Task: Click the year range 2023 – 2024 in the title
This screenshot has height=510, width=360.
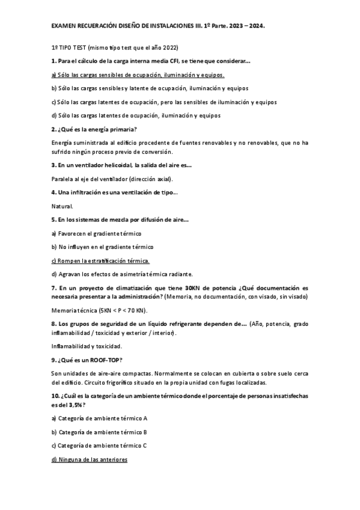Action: [248, 26]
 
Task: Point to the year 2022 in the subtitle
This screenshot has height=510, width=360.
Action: [169, 48]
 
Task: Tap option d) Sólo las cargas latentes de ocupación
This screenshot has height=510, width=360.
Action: [136, 115]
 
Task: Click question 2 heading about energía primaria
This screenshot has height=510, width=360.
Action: [94, 129]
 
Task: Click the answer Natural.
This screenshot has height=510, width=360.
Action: [62, 206]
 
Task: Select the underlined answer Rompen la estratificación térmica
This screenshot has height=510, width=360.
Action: [100, 260]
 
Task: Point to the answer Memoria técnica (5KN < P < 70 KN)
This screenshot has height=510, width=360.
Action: [99, 310]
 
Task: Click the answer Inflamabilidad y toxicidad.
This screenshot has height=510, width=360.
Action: [87, 346]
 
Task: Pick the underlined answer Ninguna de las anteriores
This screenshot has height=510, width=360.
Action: [90, 459]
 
